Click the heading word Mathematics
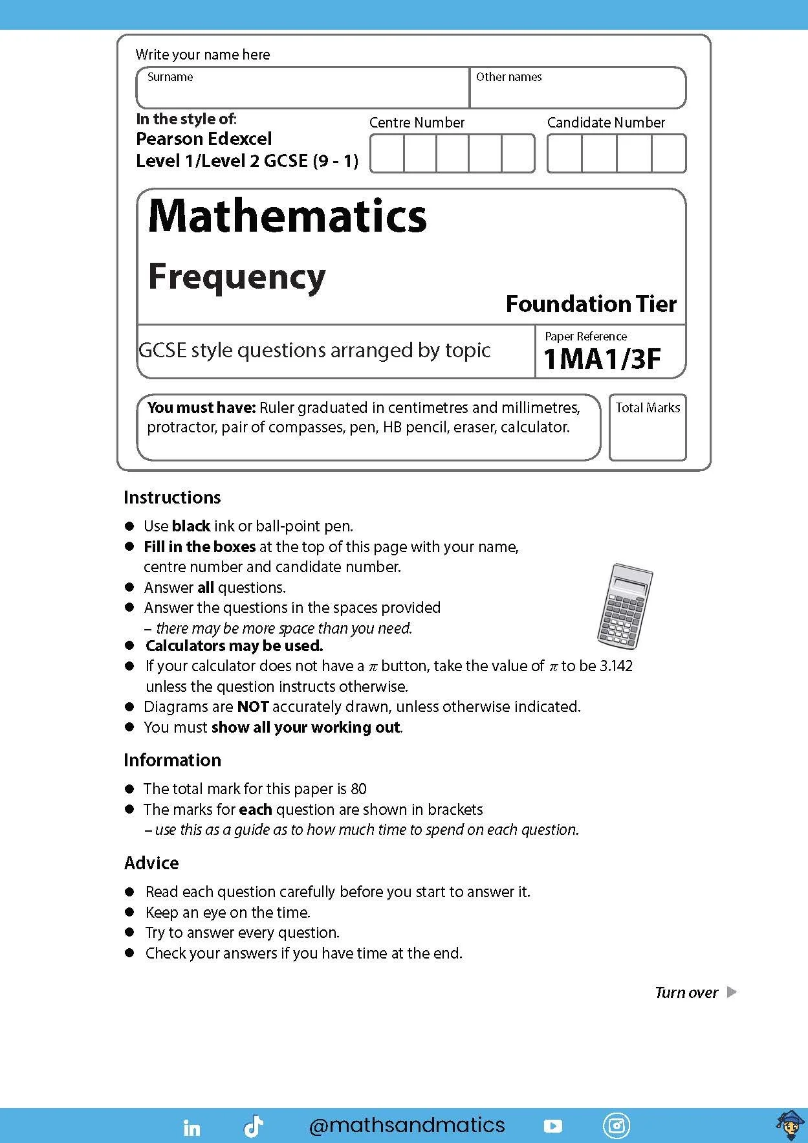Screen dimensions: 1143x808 tap(287, 216)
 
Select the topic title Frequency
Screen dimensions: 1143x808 tap(237, 277)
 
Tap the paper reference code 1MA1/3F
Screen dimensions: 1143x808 tap(602, 359)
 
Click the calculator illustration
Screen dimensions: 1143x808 tap(624, 606)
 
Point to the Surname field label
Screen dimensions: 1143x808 tap(170, 77)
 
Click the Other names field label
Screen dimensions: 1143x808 tap(508, 77)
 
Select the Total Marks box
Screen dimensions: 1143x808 tap(648, 427)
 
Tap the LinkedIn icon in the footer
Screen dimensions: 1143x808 tap(192, 1127)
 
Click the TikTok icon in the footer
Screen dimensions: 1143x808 tap(253, 1127)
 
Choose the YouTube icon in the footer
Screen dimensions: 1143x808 tap(553, 1126)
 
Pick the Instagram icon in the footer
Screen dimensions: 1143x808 tap(616, 1126)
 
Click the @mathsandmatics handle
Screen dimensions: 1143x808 tap(407, 1126)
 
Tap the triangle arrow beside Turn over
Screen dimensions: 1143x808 tap(732, 992)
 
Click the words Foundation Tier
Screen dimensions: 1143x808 tap(591, 304)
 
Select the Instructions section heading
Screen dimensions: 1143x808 tap(172, 497)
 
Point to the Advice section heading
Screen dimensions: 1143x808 tap(151, 863)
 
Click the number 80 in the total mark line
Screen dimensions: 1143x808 tap(358, 789)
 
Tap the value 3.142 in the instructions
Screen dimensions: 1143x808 tap(615, 666)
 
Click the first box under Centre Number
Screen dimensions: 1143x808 tap(387, 153)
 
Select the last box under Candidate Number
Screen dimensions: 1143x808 tap(669, 153)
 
